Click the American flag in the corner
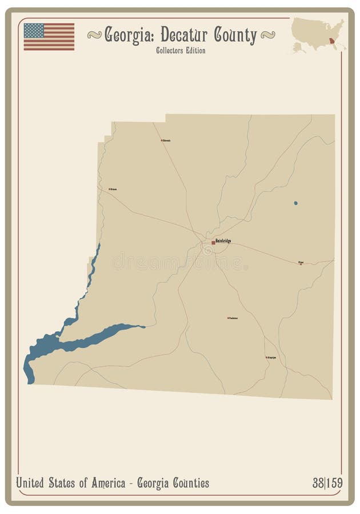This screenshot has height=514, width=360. click(x=49, y=36)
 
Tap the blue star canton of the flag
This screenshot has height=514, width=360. click(x=34, y=30)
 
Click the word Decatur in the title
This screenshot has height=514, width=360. click(x=184, y=35)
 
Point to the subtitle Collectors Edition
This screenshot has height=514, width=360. click(x=180, y=50)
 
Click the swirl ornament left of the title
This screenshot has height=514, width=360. click(x=95, y=35)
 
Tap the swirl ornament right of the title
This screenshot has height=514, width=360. click(x=267, y=35)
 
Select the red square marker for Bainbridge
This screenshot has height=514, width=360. click(x=214, y=243)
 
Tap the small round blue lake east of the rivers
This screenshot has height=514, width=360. click(x=295, y=203)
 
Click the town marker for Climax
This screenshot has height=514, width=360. click(x=301, y=263)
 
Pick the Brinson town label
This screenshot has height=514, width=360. click(x=114, y=188)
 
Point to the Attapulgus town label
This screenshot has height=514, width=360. click(x=271, y=358)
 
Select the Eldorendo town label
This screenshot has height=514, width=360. click(x=166, y=140)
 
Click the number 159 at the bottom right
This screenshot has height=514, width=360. click(x=334, y=483)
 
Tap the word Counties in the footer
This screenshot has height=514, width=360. click(x=189, y=483)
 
